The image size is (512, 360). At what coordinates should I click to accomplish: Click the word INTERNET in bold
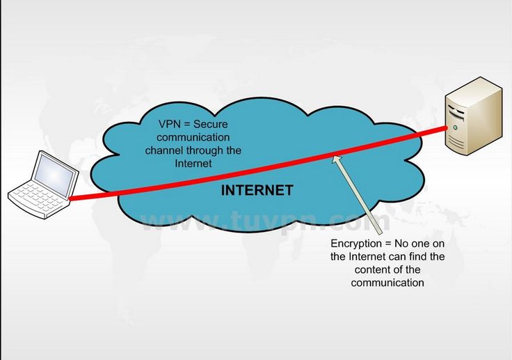pos(257,190)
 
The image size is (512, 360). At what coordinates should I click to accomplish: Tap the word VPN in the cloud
pos(170,124)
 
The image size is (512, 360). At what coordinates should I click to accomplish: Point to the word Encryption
pos(356,244)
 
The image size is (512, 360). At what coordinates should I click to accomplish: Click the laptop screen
pos(54,176)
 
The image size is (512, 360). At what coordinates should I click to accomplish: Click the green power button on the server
pos(454,127)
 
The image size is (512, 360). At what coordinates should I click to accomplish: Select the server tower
pos(474,116)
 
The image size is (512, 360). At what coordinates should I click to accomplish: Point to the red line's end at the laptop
pos(70,198)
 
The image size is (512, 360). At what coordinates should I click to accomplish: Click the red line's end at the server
pos(446,128)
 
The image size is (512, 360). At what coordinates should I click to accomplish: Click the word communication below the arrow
pos(387,283)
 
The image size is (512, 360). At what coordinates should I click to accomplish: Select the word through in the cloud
pos(202,150)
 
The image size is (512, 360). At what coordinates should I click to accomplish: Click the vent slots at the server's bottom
pos(455,141)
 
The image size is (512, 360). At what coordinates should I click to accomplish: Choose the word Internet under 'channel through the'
pos(193,164)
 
